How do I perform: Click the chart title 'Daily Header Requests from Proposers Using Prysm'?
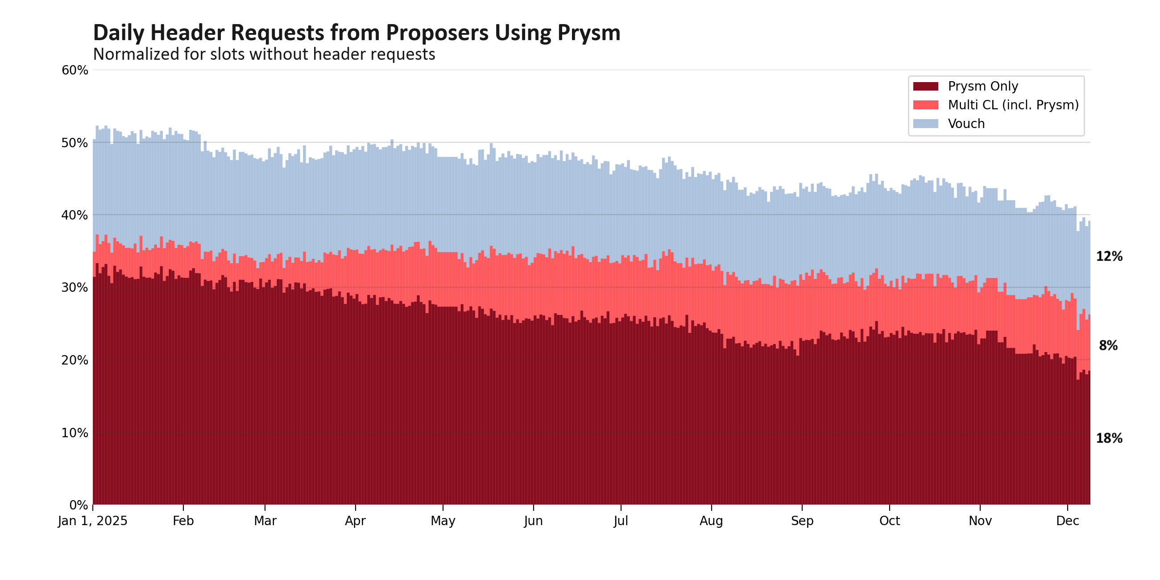[356, 33]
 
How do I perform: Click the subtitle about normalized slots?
[264, 54]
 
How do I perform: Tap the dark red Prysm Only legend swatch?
[925, 86]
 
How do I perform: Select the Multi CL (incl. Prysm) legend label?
[1013, 105]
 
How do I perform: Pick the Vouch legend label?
[966, 124]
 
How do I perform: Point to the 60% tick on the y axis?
[75, 70]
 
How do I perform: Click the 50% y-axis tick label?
[75, 143]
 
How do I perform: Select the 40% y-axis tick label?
[75, 215]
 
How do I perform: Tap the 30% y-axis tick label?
[75, 287]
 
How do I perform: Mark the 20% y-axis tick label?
[75, 360]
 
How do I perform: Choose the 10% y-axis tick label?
[75, 433]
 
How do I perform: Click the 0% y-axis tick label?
[79, 505]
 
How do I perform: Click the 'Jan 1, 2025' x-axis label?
[92, 521]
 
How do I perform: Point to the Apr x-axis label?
[355, 521]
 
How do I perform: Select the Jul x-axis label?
[621, 521]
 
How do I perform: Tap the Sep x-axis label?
[802, 521]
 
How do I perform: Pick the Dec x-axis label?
[1067, 521]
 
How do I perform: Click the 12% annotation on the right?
[1109, 257]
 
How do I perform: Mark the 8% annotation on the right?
[1108, 346]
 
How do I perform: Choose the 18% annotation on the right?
[1109, 438]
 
